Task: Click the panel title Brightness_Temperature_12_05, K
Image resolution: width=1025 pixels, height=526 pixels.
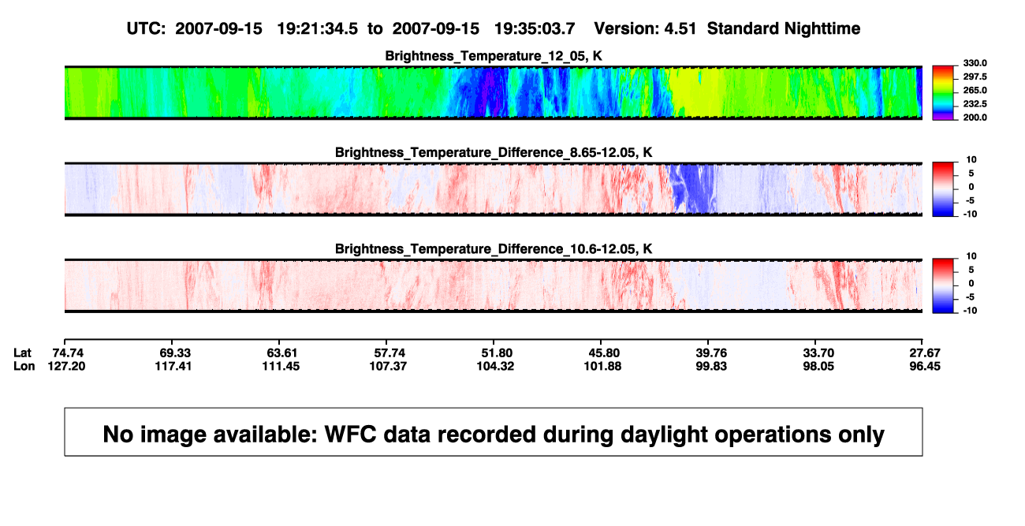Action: [x=494, y=56]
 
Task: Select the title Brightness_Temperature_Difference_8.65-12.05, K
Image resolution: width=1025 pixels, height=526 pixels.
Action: [x=494, y=152]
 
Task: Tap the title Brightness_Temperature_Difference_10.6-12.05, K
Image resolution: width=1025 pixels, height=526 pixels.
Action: [x=494, y=249]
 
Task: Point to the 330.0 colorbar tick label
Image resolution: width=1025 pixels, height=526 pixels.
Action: [x=975, y=63]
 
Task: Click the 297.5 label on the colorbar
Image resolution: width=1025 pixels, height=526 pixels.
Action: [x=975, y=76]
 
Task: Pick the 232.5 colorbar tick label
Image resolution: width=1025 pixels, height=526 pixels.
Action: [x=975, y=104]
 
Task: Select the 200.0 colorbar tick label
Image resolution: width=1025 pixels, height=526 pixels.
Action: [x=975, y=118]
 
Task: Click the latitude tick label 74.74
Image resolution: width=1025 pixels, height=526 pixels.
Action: [x=68, y=353]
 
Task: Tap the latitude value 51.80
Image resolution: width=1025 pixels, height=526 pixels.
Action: [x=497, y=353]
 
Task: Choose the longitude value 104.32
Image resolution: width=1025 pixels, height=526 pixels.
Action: [x=495, y=366]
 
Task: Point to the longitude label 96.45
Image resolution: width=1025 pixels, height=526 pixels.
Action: [x=925, y=366]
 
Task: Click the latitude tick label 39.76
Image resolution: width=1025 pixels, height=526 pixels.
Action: [x=711, y=353]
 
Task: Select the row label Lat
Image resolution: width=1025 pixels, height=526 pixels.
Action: [x=22, y=353]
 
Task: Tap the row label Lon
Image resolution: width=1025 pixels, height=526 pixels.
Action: [x=24, y=366]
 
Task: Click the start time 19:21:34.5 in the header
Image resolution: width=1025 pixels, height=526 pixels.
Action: [x=318, y=29]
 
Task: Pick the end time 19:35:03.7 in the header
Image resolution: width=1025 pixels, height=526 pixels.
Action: [x=535, y=29]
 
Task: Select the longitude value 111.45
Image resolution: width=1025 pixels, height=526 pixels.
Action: [x=281, y=366]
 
